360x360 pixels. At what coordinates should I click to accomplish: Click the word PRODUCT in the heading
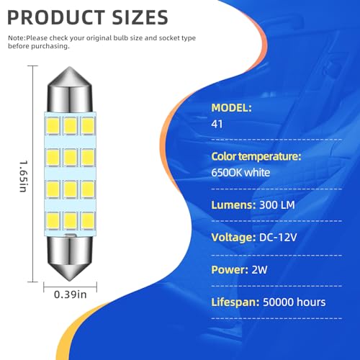[x=55, y=17]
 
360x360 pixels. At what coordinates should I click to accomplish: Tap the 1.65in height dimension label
[x=24, y=176]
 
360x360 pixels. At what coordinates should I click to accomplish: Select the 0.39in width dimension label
[x=70, y=294]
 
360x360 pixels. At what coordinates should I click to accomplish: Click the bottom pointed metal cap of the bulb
[x=70, y=258]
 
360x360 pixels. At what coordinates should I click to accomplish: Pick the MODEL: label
[x=231, y=108]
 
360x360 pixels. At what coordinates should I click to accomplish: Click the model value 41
[x=217, y=124]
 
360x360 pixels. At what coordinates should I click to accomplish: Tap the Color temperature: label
[x=256, y=156]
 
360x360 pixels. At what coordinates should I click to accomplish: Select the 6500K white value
[x=240, y=173]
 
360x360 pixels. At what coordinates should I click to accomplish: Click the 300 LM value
[x=277, y=205]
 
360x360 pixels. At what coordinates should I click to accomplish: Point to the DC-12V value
[x=278, y=238]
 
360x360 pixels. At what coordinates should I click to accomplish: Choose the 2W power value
[x=259, y=270]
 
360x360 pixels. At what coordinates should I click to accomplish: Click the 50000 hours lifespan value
[x=294, y=302]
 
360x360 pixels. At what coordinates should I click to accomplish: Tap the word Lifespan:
[x=235, y=302]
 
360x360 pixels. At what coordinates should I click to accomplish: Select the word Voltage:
[x=233, y=238]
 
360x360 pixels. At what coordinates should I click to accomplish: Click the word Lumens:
[x=233, y=205]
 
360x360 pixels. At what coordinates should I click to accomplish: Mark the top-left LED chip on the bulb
[x=53, y=126]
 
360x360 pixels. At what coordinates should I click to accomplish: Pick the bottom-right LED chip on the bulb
[x=88, y=221]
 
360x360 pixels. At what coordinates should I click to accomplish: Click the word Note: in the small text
[x=17, y=38]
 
